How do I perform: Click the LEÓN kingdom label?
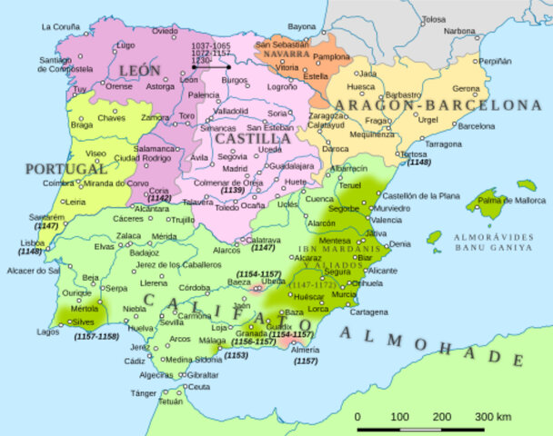(x=138, y=70)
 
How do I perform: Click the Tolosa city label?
(x=434, y=18)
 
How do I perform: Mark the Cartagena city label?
(x=368, y=312)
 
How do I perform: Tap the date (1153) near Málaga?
(x=236, y=355)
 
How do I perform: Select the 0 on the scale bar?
(x=357, y=415)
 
